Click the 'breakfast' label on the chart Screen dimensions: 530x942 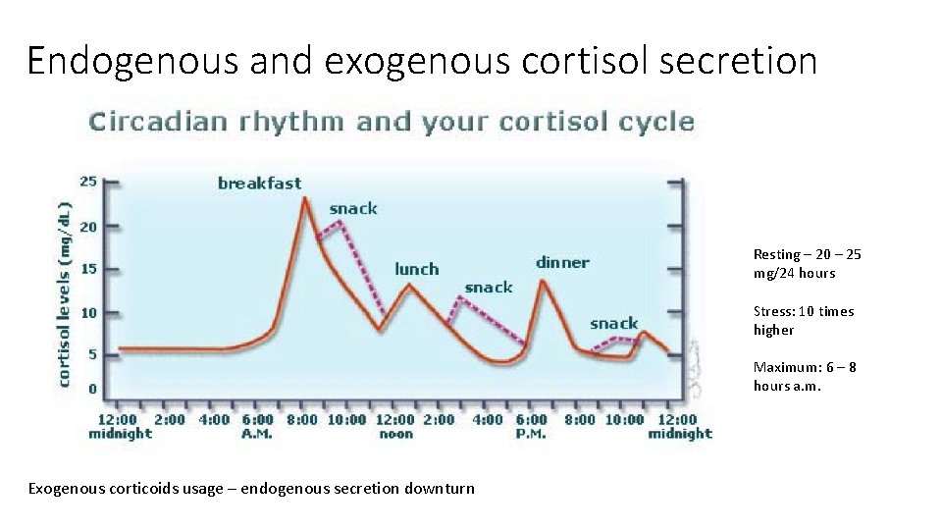coord(259,183)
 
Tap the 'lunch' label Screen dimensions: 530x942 coord(416,268)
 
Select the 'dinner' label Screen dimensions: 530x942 coord(562,262)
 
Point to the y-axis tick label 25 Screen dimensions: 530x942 coord(88,182)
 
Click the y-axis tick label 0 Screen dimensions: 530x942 coord(92,390)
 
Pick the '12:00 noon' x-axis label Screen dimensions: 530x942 coord(395,426)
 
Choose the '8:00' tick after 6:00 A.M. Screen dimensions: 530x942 coord(303,420)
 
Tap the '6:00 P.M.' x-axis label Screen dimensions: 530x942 coord(532,426)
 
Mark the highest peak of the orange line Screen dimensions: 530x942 coord(305,199)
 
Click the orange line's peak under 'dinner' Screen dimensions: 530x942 coord(543,281)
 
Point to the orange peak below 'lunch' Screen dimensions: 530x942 coord(408,285)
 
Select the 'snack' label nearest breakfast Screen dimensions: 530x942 coord(352,208)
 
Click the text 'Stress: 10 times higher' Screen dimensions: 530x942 coord(803,320)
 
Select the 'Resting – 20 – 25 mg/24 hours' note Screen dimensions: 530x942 coord(807,263)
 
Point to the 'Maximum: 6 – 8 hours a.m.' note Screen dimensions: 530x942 coord(804,376)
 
